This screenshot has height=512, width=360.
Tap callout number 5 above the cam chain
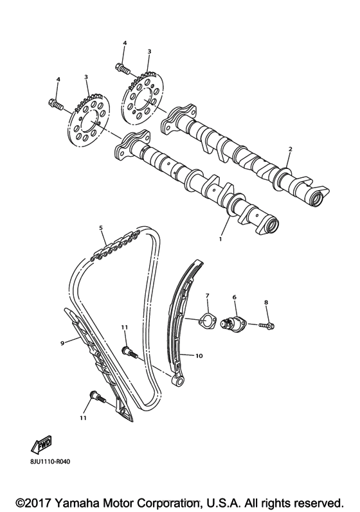pyautogui.click(x=101, y=227)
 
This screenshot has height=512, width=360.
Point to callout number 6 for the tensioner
pyautogui.click(x=235, y=297)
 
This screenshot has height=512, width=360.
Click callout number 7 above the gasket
pyautogui.click(x=207, y=296)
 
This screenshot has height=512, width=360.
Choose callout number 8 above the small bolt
pyautogui.click(x=267, y=301)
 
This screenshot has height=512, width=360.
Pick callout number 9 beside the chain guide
pyautogui.click(x=63, y=344)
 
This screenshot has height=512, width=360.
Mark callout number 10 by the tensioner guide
pyautogui.click(x=199, y=355)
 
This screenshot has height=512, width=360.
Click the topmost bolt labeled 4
pyautogui.click(x=123, y=66)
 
